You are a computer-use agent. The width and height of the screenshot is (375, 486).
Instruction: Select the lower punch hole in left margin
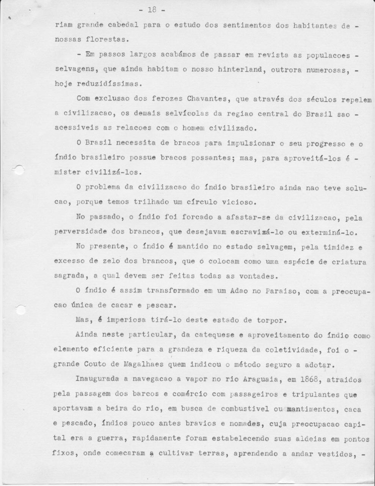(x=21, y=309)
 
